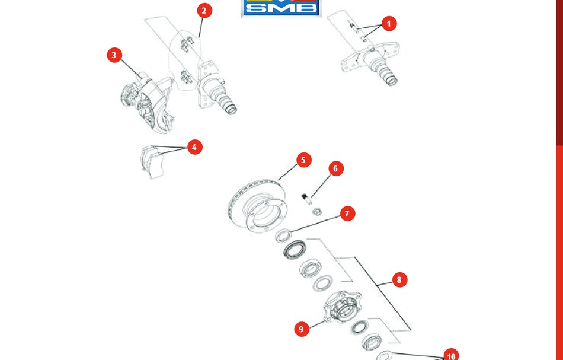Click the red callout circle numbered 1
[x=389, y=24]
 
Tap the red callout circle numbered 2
[x=204, y=11]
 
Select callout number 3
[x=114, y=55]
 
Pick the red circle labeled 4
[x=194, y=147]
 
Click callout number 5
[x=303, y=160]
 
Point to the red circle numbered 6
[x=335, y=168]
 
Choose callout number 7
[x=347, y=214]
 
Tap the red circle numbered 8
[x=399, y=279]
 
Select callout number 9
[x=301, y=329]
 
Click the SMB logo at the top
[x=281, y=8]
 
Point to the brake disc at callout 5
[x=257, y=205]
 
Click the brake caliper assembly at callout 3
[x=147, y=103]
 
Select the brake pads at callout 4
[x=153, y=162]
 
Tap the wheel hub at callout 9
[x=342, y=307]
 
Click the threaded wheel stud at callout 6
[x=306, y=199]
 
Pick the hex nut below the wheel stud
[x=316, y=212]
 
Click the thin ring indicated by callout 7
[x=283, y=236]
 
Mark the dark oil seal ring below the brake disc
[x=295, y=249]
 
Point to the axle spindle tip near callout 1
[x=391, y=81]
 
